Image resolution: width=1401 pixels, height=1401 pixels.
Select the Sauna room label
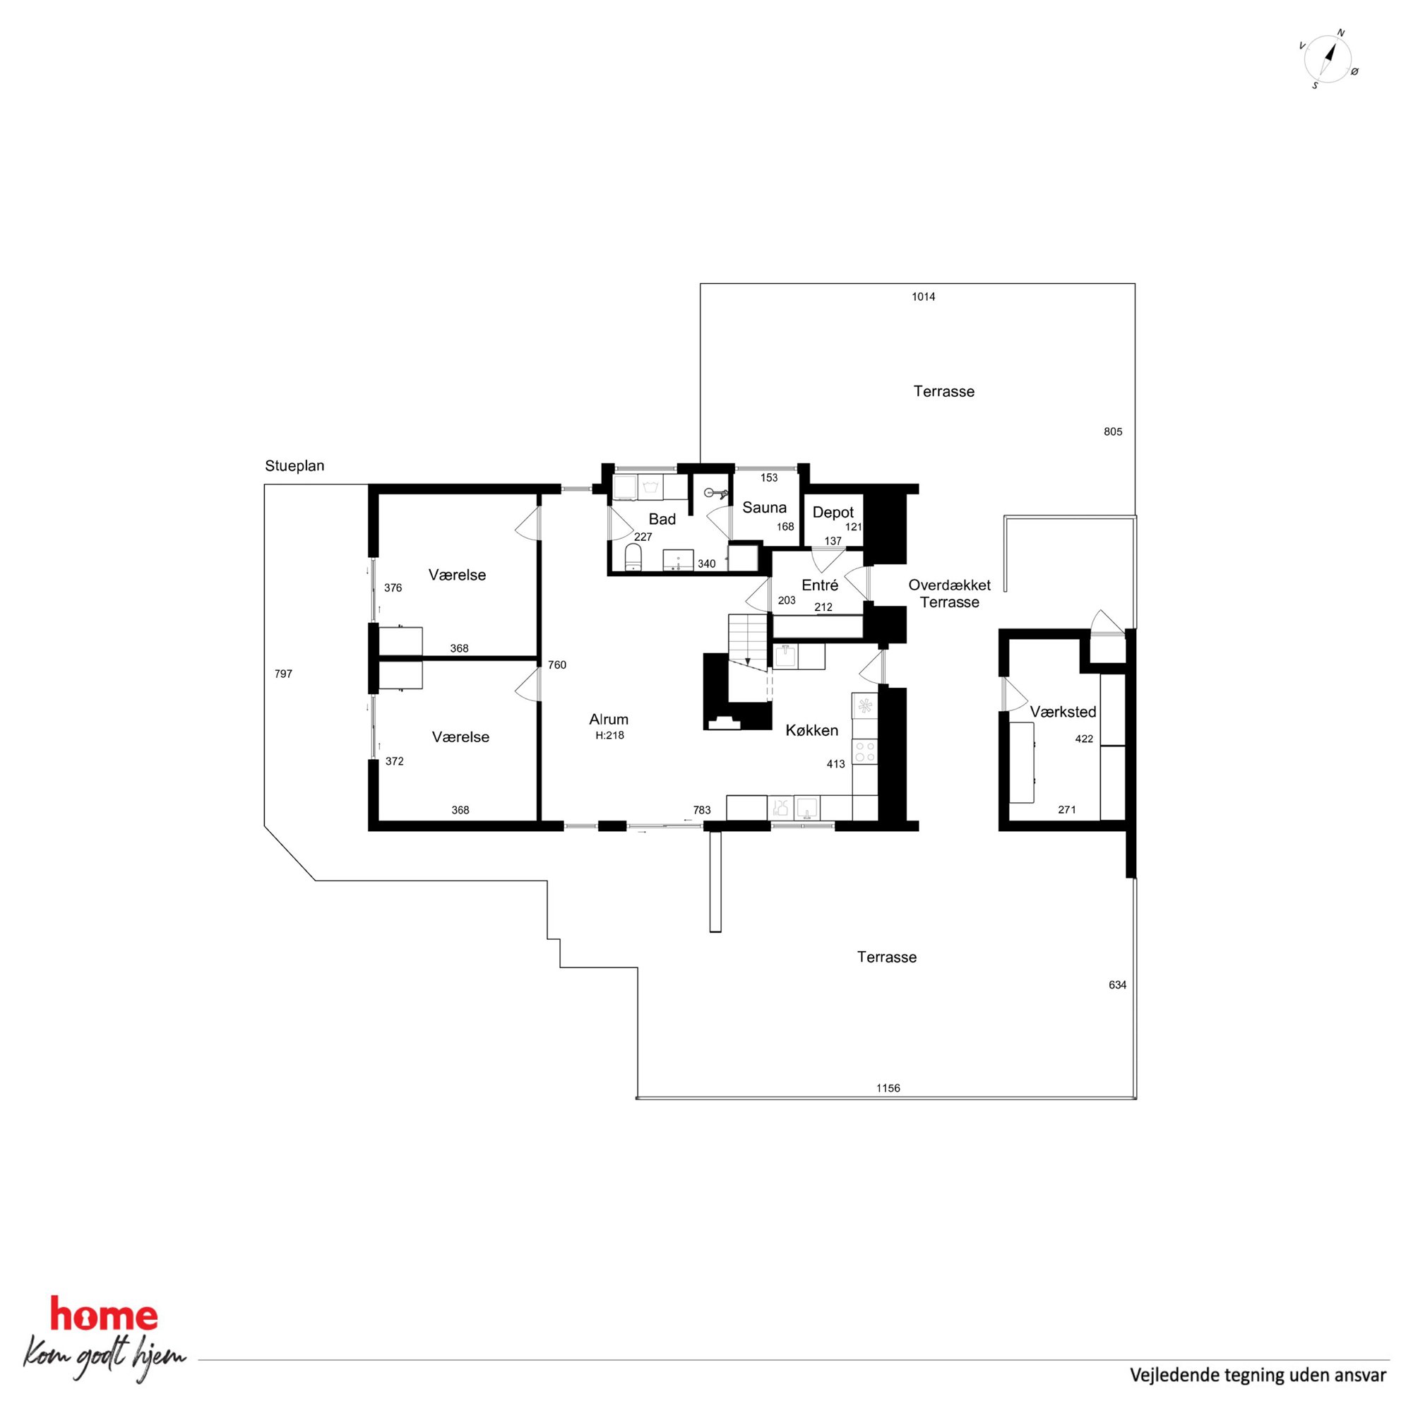click(x=764, y=508)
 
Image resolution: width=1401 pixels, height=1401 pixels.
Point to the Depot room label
click(x=833, y=512)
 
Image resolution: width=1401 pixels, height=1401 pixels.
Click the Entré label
click(x=820, y=585)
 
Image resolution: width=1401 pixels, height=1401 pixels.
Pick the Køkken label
click(x=812, y=730)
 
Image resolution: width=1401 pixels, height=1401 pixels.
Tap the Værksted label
click(x=1063, y=712)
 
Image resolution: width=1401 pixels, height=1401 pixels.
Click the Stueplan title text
click(x=294, y=466)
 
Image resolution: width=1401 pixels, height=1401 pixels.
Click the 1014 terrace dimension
click(x=924, y=297)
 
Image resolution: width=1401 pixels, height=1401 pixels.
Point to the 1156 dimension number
click(x=888, y=1087)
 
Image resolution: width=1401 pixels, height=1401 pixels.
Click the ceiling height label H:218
click(x=610, y=735)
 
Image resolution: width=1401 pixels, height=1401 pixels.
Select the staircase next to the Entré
click(x=749, y=640)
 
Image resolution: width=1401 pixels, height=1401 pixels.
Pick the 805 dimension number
click(x=1113, y=431)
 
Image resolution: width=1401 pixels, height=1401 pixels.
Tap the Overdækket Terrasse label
click(x=950, y=593)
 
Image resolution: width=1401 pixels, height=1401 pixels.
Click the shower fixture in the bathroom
click(x=716, y=494)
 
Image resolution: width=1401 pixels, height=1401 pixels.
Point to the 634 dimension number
click(x=1117, y=985)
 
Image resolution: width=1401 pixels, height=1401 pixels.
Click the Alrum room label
click(x=609, y=720)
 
